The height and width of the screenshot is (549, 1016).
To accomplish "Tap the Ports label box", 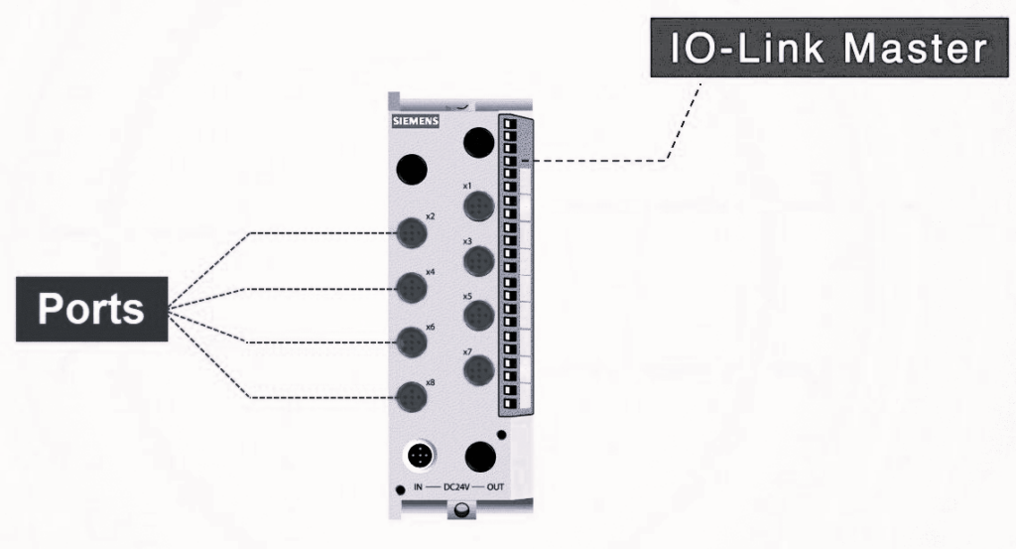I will click(91, 309).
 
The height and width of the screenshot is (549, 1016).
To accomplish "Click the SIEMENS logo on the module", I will click(414, 122).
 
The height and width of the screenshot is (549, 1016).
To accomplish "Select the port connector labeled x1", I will click(479, 206).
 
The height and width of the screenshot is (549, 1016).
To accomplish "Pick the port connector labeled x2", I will click(412, 234).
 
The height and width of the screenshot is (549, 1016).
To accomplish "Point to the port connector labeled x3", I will click(479, 261).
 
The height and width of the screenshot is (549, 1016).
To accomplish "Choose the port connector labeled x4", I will click(412, 289).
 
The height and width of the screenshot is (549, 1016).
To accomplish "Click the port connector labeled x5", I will click(479, 316).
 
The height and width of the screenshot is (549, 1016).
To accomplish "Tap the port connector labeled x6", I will click(412, 343).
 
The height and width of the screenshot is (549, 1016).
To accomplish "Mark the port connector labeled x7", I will click(479, 370).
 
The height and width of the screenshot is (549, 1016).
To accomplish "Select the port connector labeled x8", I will click(412, 399).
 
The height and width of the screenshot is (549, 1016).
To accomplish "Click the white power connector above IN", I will click(421, 456).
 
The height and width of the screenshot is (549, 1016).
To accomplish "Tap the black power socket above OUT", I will click(481, 457).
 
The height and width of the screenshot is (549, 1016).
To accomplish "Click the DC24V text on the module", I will click(457, 488).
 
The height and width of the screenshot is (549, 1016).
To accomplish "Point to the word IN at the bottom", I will click(419, 488).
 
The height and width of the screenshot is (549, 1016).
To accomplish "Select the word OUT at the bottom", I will click(495, 488).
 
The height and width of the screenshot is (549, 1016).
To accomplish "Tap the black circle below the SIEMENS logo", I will click(412, 170).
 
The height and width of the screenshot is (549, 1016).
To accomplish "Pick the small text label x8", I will click(430, 382).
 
